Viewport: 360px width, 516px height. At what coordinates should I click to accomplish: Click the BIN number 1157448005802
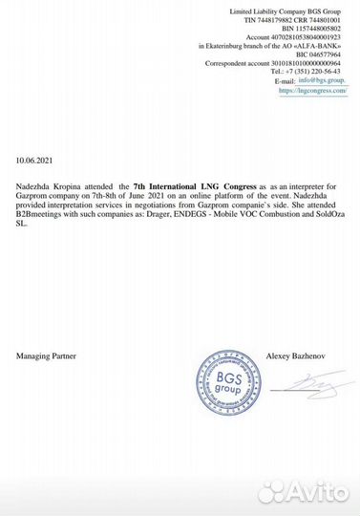(311, 29)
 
